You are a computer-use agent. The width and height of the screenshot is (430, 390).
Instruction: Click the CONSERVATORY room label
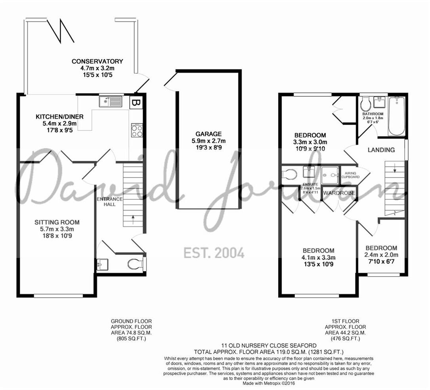[x=97, y=61]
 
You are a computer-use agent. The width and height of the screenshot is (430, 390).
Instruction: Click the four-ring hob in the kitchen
[x=137, y=131]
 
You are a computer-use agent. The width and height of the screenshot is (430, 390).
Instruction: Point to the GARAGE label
[x=208, y=134]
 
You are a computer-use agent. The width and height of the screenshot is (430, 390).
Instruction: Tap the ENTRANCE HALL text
[x=110, y=201]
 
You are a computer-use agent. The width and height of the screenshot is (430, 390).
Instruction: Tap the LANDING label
[x=381, y=150]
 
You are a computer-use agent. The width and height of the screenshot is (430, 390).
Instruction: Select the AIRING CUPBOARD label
[x=352, y=175]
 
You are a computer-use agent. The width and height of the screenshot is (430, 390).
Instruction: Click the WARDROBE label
[x=339, y=193]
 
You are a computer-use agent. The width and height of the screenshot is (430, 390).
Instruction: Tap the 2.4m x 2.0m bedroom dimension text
[x=381, y=255]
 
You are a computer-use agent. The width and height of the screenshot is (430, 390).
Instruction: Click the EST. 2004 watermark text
[x=214, y=252]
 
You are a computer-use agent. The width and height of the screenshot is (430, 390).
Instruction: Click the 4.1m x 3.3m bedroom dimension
[x=318, y=258]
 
